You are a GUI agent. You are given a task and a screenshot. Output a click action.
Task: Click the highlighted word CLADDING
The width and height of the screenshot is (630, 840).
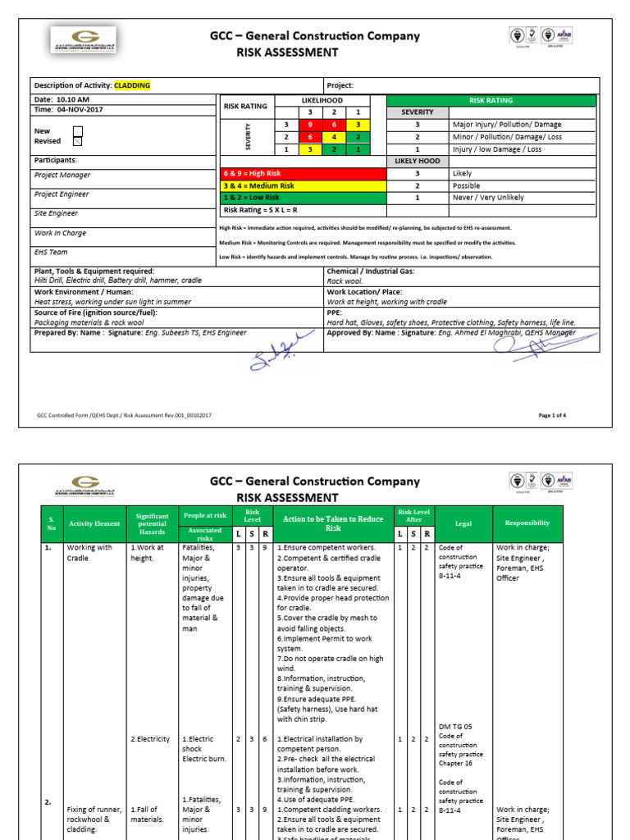(132, 85)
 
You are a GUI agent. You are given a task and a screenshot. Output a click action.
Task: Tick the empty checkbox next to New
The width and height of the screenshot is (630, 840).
(78, 130)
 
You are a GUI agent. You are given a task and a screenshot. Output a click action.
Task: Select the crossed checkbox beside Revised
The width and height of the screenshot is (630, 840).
(78, 141)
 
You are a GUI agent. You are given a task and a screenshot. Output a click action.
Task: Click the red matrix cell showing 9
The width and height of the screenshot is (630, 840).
(310, 124)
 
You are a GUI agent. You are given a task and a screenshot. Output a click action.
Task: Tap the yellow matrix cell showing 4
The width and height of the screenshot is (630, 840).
(334, 137)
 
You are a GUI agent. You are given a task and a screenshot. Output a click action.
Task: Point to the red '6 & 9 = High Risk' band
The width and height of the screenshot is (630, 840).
(303, 174)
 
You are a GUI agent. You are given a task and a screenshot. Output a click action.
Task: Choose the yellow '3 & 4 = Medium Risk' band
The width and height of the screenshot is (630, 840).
(303, 186)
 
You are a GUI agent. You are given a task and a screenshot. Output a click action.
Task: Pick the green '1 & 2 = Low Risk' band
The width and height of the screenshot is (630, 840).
(303, 198)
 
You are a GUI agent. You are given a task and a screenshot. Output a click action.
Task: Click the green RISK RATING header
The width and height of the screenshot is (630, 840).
(491, 100)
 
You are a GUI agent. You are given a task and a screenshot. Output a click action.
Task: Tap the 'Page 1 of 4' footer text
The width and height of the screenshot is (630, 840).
(552, 415)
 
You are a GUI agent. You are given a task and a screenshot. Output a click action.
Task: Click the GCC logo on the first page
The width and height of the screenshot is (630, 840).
(83, 39)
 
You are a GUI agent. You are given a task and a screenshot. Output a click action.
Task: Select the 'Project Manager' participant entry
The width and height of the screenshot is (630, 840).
(62, 175)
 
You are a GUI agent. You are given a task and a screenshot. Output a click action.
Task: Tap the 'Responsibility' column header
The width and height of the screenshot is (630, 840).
(527, 523)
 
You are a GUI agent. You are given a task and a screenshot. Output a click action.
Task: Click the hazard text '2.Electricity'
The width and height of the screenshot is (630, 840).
(152, 739)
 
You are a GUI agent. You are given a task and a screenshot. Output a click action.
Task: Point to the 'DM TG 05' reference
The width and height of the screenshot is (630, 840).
(455, 727)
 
